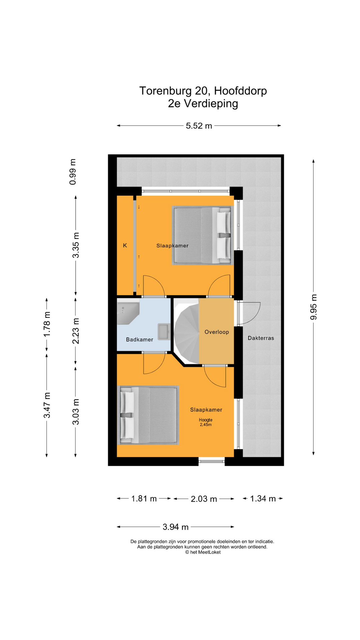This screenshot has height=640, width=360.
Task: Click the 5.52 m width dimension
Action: click(x=199, y=126)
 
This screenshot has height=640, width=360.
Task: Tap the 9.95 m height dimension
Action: click(x=313, y=307)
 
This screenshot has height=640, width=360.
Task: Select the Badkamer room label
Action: click(x=139, y=339)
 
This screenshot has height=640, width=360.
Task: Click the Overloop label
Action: click(x=217, y=332)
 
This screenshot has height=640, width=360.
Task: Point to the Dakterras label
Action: click(x=261, y=338)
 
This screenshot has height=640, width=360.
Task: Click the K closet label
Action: click(x=125, y=245)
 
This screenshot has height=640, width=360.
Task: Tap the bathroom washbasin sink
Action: click(x=164, y=332)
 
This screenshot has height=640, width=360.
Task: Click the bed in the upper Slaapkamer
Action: click(x=202, y=235)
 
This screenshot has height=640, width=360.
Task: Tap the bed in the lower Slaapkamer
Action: click(x=148, y=415)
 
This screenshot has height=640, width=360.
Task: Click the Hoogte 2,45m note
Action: click(x=206, y=422)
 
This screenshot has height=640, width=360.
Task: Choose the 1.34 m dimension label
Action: click(x=263, y=498)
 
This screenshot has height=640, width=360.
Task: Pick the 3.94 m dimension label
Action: click(x=175, y=527)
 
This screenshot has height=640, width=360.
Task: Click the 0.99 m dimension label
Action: click(x=73, y=172)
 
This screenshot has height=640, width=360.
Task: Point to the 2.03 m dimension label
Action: click(x=204, y=499)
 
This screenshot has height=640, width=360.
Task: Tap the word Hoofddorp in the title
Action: click(x=240, y=91)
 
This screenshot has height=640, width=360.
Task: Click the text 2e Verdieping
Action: click(x=203, y=103)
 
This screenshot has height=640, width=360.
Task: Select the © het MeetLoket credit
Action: click(x=203, y=552)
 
